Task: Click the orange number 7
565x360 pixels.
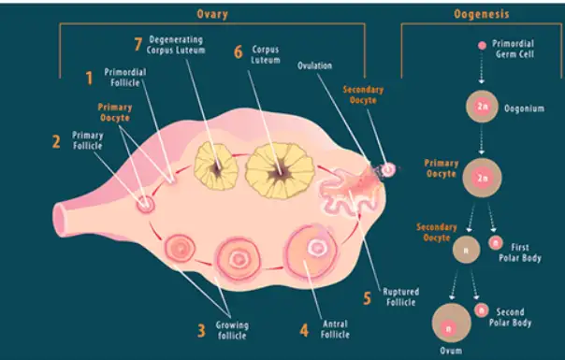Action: tap(138, 45)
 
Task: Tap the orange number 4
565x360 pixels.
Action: tap(304, 330)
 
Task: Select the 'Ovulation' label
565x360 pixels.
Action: tap(314, 65)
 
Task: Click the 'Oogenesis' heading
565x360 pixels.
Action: tap(482, 14)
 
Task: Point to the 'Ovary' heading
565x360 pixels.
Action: tap(212, 14)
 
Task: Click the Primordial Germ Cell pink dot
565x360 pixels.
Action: tap(482, 46)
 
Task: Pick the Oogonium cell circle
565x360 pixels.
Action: tap(482, 107)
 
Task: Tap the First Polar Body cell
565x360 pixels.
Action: tap(496, 243)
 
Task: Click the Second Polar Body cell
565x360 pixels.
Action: tap(482, 310)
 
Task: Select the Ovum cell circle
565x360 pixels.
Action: tap(451, 323)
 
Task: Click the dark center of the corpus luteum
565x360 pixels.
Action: tap(280, 173)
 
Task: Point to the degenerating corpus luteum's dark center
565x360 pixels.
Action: tap(217, 168)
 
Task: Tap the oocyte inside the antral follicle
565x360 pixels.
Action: tap(317, 248)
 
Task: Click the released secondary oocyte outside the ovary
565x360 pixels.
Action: tap(388, 169)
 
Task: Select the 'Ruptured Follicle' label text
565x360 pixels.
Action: tap(400, 297)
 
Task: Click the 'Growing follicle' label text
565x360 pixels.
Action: tap(232, 330)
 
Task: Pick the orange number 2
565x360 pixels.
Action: tap(56, 141)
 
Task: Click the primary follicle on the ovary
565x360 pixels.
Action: tap(146, 205)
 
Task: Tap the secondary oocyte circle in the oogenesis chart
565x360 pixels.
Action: tap(466, 250)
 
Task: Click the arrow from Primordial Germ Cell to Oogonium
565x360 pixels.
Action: tap(482, 67)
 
